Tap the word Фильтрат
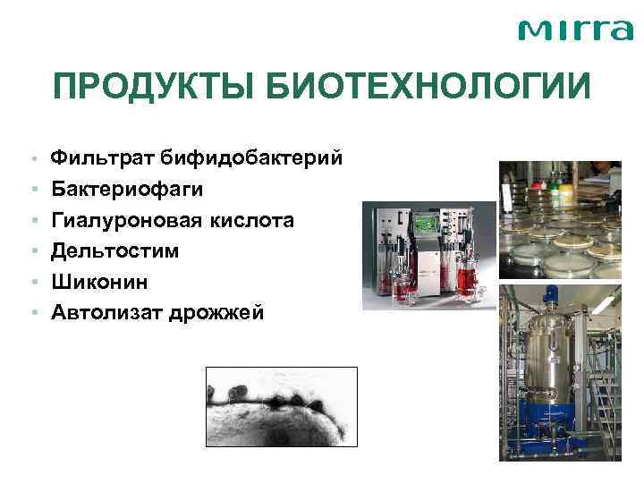point(102,159)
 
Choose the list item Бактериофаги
point(127,190)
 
